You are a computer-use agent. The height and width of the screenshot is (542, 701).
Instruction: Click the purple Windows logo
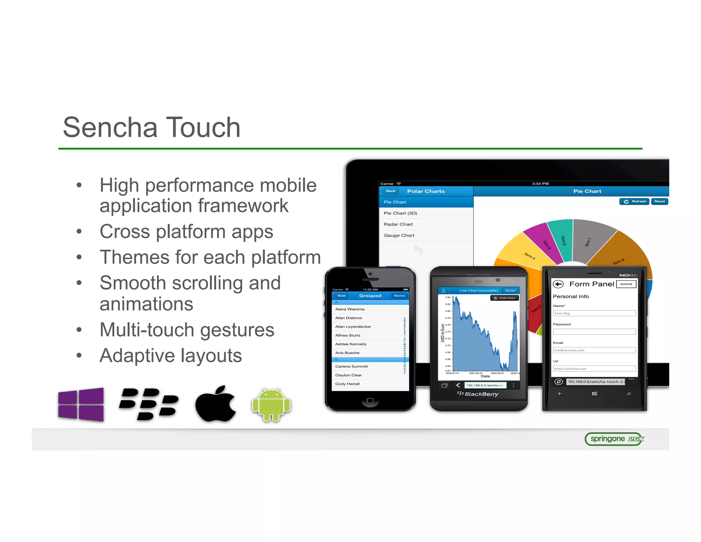coord(81,404)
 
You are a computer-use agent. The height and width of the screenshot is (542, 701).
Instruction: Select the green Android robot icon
coord(271,405)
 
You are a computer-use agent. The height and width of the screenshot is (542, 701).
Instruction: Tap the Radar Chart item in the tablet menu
coord(398,224)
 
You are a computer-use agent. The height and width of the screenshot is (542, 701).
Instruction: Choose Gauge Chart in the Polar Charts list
coord(399,235)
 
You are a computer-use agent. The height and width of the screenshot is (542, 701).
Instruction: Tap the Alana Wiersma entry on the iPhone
coord(350,309)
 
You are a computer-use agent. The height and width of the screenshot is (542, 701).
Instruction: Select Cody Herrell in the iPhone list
coord(347,384)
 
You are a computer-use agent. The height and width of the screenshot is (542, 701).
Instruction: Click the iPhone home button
coord(370,401)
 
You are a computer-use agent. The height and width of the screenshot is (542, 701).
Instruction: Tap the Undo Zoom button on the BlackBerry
coord(505,298)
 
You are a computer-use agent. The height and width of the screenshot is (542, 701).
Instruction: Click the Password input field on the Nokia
coord(594,332)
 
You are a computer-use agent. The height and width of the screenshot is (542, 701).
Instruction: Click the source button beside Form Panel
coord(626,284)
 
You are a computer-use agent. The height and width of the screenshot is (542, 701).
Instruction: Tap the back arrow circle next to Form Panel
coord(558,284)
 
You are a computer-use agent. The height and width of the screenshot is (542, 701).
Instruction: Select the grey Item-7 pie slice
coord(590,240)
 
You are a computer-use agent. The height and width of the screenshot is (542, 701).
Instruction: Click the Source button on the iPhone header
coord(399,296)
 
